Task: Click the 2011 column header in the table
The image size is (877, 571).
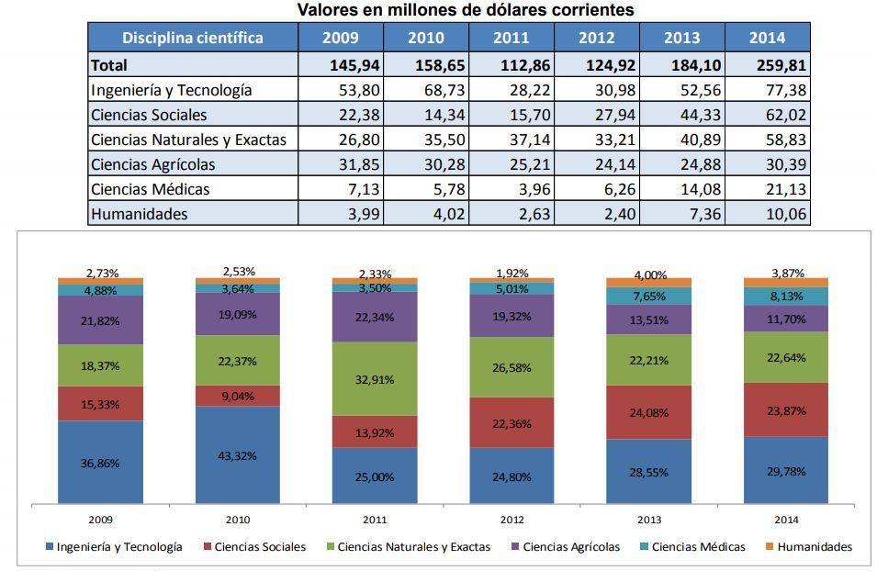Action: click(x=511, y=38)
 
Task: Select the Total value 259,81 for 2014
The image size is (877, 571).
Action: click(x=767, y=65)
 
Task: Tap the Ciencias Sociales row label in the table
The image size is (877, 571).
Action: click(x=149, y=115)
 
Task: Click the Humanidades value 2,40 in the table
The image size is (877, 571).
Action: click(x=596, y=214)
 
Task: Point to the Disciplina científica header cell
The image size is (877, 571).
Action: click(x=193, y=38)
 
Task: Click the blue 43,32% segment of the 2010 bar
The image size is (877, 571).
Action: click(x=238, y=455)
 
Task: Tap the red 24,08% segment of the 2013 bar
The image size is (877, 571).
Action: click(x=649, y=412)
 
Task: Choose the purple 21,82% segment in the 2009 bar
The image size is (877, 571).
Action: click(x=100, y=319)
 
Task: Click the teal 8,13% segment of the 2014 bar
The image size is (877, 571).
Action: click(x=786, y=296)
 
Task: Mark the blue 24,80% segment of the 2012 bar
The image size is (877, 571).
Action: click(x=512, y=476)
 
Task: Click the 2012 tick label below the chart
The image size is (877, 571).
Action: click(x=512, y=519)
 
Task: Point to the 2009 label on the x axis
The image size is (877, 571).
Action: click(x=100, y=519)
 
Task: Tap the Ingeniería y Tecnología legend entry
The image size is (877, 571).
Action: click(x=113, y=547)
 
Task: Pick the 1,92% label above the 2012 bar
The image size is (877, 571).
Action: click(x=512, y=273)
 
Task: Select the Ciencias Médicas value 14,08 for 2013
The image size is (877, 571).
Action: click(x=681, y=189)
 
